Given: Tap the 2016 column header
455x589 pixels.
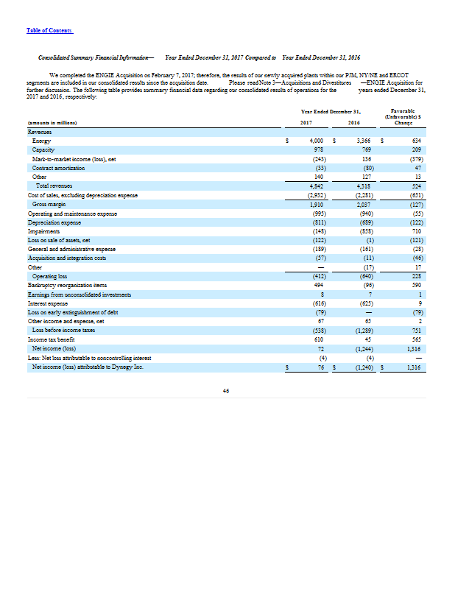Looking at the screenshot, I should pos(354,122).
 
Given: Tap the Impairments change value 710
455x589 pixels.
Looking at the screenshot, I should pos(414,232).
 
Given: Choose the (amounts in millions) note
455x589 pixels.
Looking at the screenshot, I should pos(52,122).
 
